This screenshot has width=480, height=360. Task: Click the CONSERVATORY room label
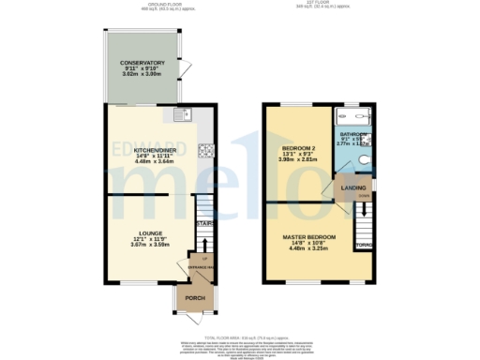click(142, 63)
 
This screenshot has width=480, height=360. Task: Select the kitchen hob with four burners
click(204, 150)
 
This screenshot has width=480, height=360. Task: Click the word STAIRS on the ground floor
click(203, 224)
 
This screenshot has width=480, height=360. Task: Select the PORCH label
click(194, 298)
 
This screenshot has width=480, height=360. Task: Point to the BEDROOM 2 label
click(300, 148)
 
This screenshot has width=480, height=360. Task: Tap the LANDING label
click(351, 187)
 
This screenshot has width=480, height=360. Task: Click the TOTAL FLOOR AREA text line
click(240, 336)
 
